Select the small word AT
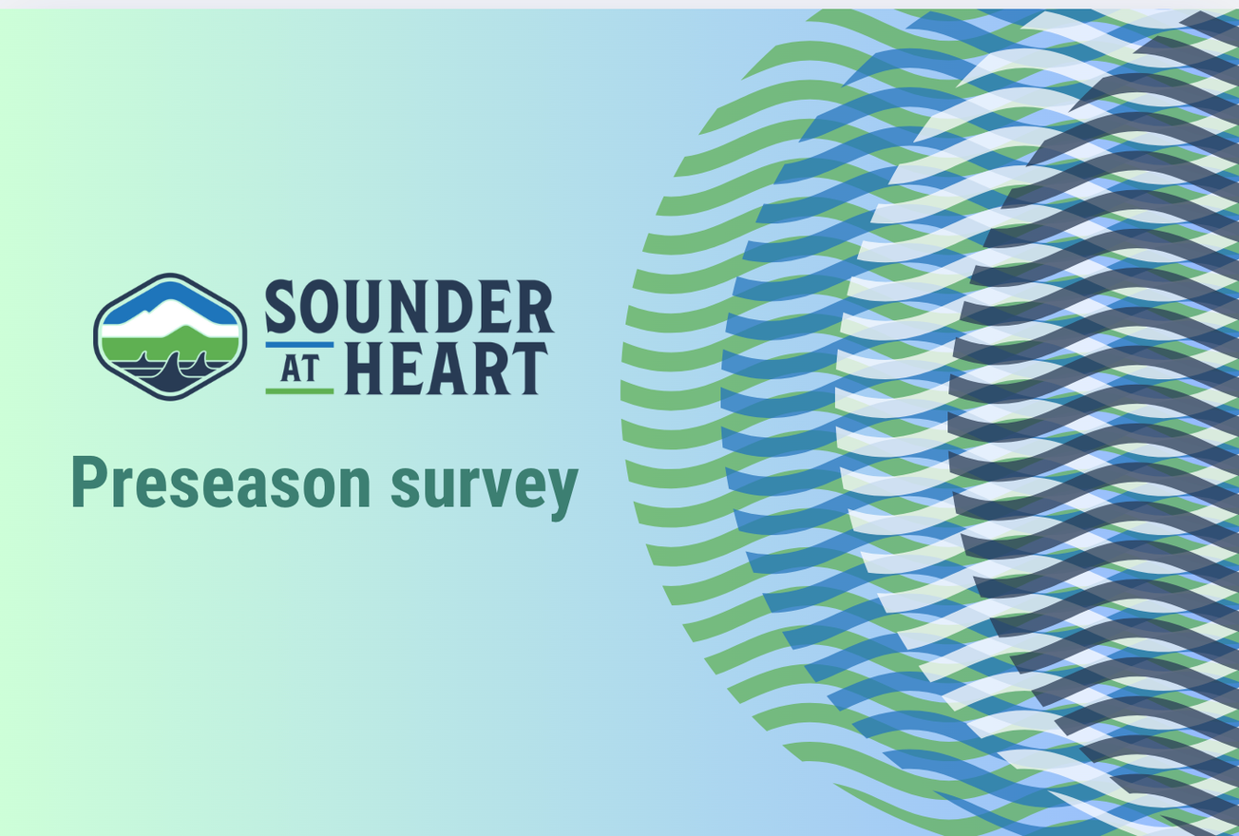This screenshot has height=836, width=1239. click(299, 368)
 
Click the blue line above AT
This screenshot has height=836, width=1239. click(299, 345)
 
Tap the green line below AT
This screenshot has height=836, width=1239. click(299, 390)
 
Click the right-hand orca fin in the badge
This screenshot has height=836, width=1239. click(200, 361)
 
